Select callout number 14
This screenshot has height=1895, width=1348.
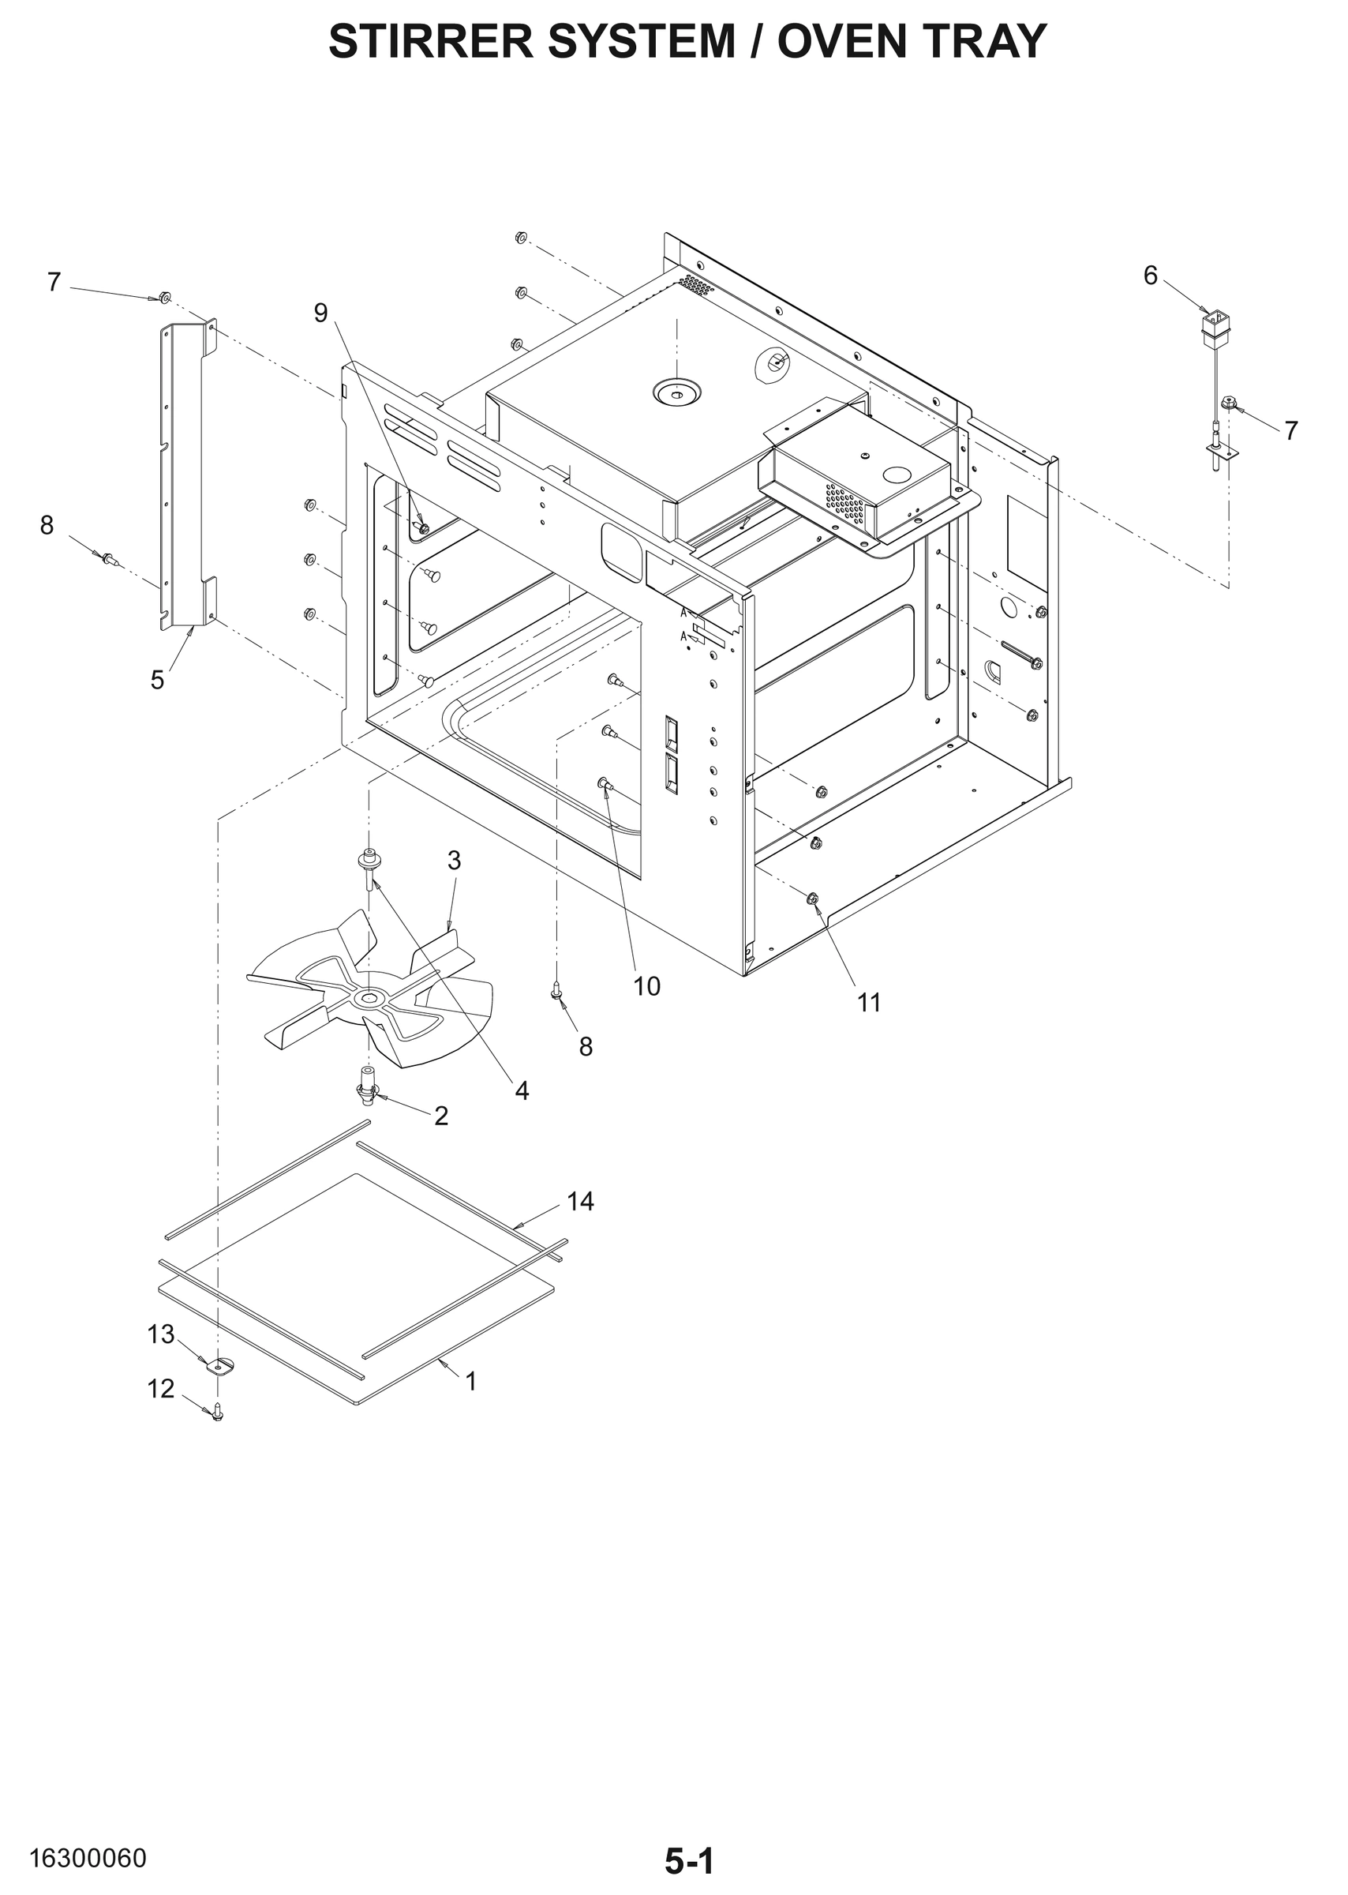[x=580, y=1201]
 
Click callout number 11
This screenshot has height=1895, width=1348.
[x=868, y=1003]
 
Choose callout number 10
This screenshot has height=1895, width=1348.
[x=646, y=986]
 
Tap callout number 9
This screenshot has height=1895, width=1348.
[x=320, y=312]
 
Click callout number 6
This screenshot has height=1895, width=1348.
[x=1150, y=275]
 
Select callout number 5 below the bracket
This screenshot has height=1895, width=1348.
[x=157, y=680]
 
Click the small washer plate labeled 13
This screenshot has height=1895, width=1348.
[x=219, y=1366]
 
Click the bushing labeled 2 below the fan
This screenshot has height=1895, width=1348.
[x=367, y=1091]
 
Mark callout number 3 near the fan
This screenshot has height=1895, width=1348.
[x=454, y=861]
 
